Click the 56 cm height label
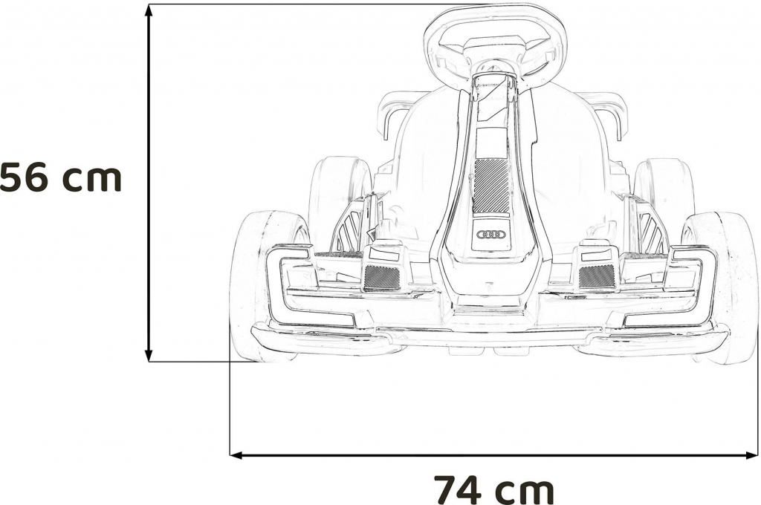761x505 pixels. tap(59, 178)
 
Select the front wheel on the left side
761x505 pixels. tap(264, 286)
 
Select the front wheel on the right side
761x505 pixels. tap(721, 286)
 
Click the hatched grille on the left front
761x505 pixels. tap(382, 277)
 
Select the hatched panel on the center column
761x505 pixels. tap(490, 185)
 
